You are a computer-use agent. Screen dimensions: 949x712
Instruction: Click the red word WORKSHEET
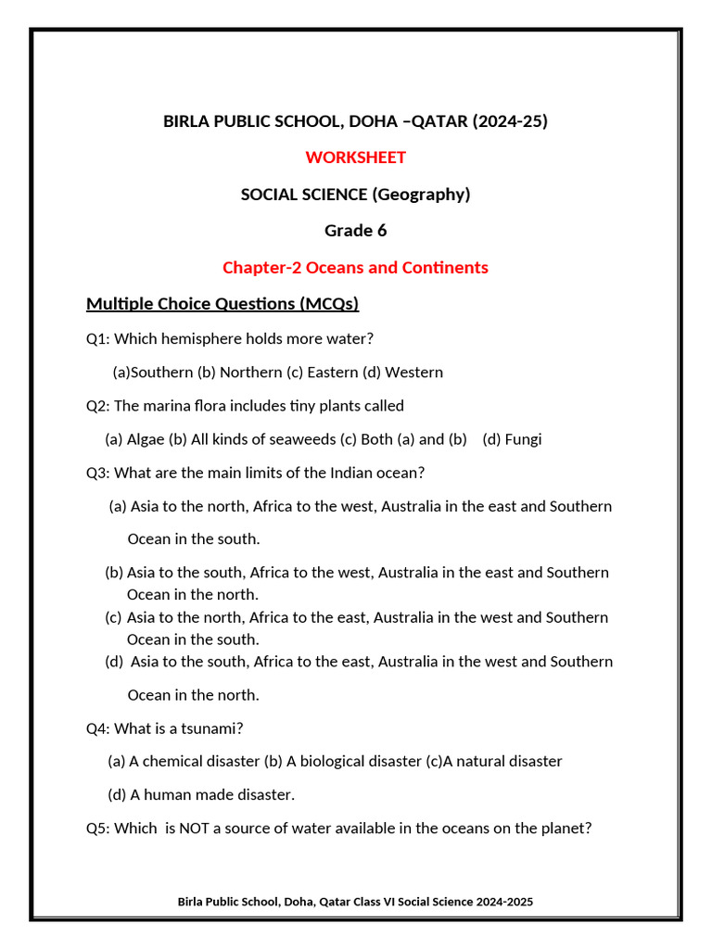[355, 158]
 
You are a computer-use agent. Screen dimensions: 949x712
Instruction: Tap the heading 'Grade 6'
[355, 231]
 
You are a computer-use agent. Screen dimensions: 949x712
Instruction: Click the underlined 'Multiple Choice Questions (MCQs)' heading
[222, 304]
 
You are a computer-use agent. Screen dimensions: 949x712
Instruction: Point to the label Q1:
[98, 339]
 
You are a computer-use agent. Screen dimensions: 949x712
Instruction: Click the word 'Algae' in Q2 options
[146, 439]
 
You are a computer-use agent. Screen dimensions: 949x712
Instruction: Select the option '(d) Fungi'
[512, 439]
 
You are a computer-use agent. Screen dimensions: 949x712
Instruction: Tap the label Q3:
[98, 473]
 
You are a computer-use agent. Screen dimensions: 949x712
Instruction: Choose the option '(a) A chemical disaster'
[184, 762]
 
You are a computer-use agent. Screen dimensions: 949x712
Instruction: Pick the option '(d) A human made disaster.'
[201, 795]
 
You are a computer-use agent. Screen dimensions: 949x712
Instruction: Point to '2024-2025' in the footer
[505, 902]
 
